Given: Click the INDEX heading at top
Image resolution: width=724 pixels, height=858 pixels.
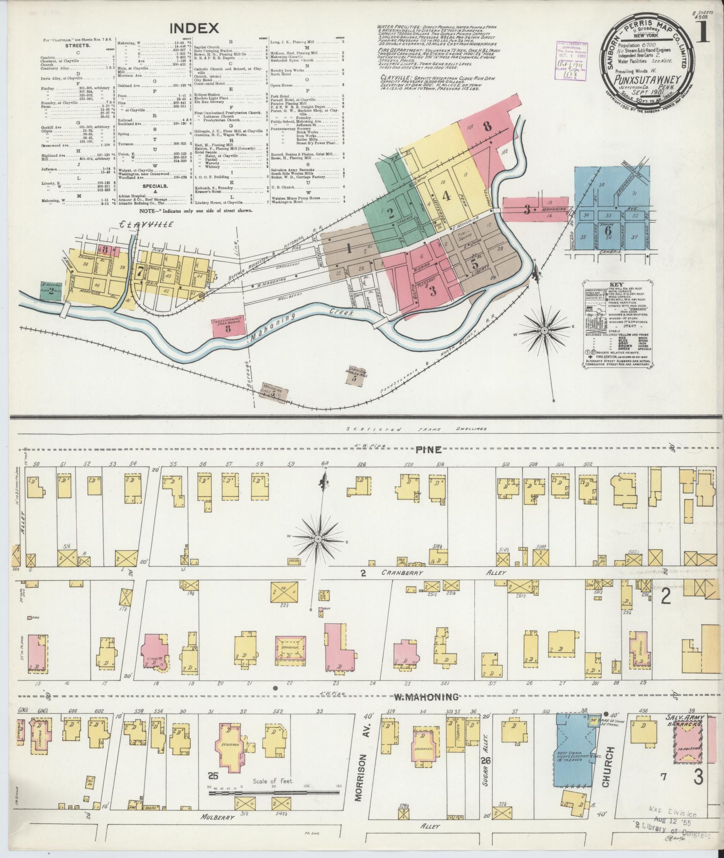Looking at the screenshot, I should [194, 29].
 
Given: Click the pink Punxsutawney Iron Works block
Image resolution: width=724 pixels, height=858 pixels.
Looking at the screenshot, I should [228, 327].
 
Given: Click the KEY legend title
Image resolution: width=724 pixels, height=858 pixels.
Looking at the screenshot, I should [615, 284].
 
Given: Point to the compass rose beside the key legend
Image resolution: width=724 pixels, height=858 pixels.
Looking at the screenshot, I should [544, 331].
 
